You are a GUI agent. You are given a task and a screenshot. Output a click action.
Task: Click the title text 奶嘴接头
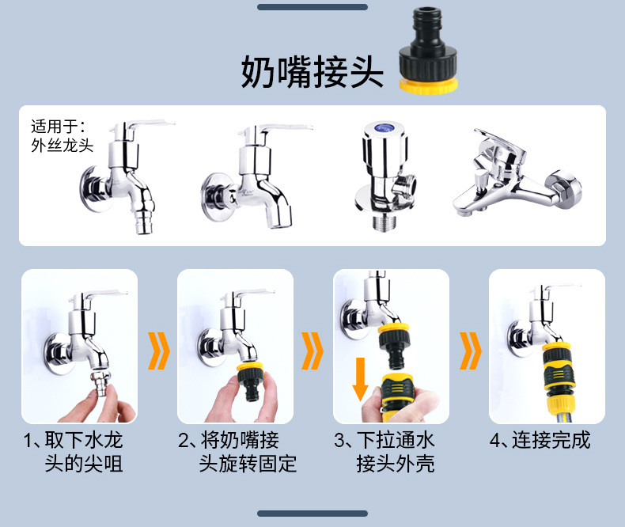point(312,72)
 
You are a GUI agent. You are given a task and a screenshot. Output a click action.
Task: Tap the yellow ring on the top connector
point(429,85)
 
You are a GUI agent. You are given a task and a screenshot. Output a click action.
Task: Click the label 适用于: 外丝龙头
point(62,136)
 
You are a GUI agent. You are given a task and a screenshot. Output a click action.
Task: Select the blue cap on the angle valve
point(384,128)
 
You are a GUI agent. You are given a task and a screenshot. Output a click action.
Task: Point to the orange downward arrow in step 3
point(360,379)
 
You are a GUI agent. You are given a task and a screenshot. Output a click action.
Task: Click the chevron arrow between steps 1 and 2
point(159,351)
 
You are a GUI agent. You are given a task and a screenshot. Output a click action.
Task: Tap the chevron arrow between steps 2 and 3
point(312,351)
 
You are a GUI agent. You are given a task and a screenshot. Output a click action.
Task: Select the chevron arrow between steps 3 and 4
point(471,351)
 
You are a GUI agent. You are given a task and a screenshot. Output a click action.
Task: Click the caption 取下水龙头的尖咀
point(74,452)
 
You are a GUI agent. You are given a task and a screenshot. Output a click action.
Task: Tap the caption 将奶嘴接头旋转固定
point(237,452)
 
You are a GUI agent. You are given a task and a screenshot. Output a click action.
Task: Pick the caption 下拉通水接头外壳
point(384,452)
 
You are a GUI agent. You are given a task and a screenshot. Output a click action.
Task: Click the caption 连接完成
point(540,440)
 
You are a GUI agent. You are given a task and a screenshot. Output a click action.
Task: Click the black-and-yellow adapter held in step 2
point(250,381)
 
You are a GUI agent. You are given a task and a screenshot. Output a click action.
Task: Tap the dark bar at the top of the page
point(312,7)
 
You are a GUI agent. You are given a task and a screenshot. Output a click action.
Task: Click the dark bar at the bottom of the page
point(312,514)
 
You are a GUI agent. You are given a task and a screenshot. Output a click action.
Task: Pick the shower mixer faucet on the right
point(517,172)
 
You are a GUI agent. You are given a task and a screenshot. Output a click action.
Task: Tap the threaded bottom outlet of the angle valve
point(384,222)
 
